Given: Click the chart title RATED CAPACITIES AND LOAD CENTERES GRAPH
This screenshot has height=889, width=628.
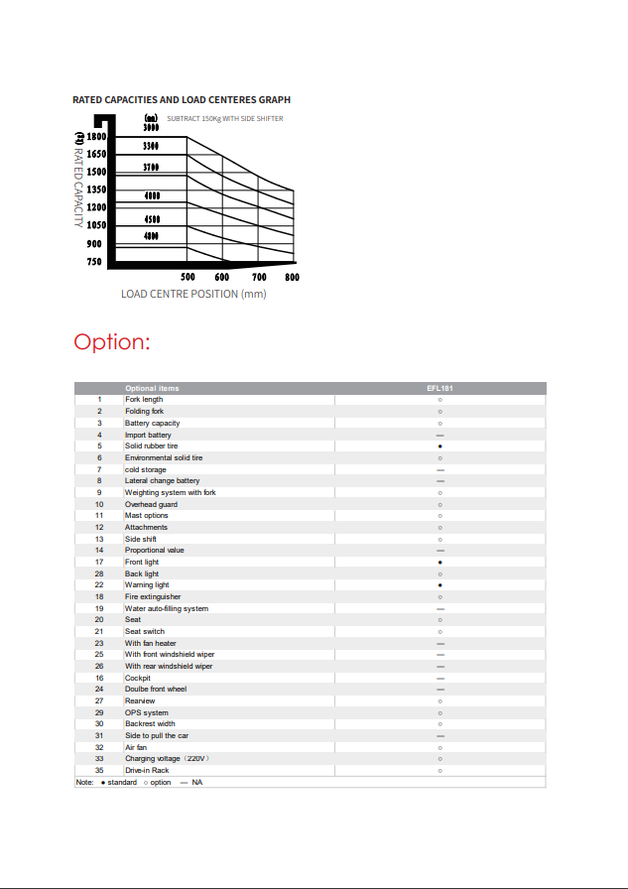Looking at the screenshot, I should pos(182,100).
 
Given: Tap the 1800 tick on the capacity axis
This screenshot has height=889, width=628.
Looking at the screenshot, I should pos(96,136).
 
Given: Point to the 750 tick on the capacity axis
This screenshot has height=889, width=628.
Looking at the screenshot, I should pos(94,262).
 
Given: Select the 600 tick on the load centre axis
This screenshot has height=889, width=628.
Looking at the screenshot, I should pos(221,278).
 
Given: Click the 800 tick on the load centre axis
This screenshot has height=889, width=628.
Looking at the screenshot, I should pos(292,278).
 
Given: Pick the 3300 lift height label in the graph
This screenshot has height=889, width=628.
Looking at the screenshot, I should pos(151,146).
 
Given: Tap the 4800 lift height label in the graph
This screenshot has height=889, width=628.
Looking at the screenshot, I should pos(151,236).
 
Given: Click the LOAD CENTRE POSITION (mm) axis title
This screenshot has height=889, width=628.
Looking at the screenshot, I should pos(193,294).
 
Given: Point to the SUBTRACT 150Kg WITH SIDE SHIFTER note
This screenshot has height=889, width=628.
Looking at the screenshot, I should pos(224,119).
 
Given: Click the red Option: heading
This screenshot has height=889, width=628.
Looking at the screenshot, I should pos(111,342).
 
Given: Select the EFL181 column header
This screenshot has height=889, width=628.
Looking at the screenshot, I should pos(440,388).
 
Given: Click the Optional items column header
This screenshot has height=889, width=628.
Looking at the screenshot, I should pos(152,388).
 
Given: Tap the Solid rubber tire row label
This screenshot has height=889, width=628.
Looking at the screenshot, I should pos(151,446).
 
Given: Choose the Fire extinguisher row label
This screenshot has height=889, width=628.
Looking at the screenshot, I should pos(153,597).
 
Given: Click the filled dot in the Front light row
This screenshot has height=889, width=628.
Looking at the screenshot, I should pos(440,563).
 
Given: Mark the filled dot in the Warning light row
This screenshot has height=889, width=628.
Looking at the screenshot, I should pos(440,585).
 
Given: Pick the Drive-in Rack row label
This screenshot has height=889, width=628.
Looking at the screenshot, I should pos(147,771).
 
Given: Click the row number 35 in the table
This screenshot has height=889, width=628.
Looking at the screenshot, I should pos(99,771).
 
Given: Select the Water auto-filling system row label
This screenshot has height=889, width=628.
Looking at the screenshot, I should pos(166,608).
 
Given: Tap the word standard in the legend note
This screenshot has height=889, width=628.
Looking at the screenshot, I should pos(122,783).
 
